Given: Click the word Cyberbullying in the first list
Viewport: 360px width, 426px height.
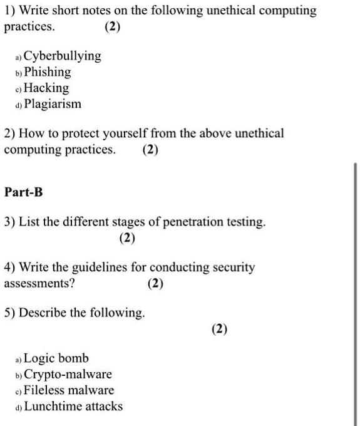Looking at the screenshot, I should [62, 56].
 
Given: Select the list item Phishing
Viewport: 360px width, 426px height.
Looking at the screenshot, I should [48, 72].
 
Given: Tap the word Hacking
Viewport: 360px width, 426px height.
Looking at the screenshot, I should [46, 88].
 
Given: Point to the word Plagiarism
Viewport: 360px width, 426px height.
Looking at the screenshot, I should [53, 104].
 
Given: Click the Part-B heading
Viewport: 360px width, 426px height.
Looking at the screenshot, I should [24, 192].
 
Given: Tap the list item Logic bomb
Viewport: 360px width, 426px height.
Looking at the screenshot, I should [56, 358].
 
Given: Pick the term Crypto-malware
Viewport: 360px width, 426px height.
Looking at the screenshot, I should [68, 375].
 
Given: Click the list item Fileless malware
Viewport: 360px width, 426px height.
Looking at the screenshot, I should [69, 390].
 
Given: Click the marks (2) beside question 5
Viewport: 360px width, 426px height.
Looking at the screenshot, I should [220, 328].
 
